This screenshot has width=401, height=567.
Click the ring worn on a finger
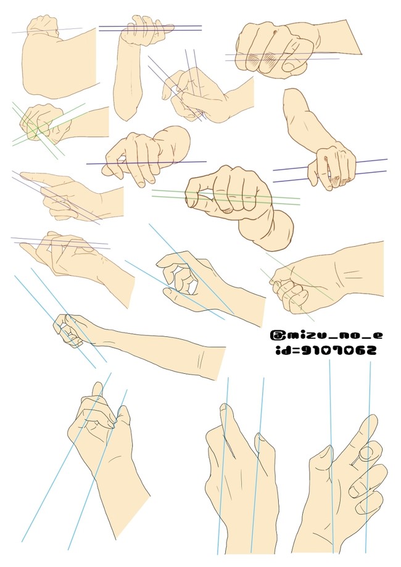click(366, 453)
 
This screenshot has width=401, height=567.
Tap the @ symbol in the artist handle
click(276, 335)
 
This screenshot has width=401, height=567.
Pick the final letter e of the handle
click(377, 336)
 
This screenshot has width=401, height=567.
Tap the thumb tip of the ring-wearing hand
click(326, 449)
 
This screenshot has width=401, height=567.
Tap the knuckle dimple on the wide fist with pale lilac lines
click(276, 33)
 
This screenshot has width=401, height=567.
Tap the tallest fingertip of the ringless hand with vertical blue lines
click(225, 408)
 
